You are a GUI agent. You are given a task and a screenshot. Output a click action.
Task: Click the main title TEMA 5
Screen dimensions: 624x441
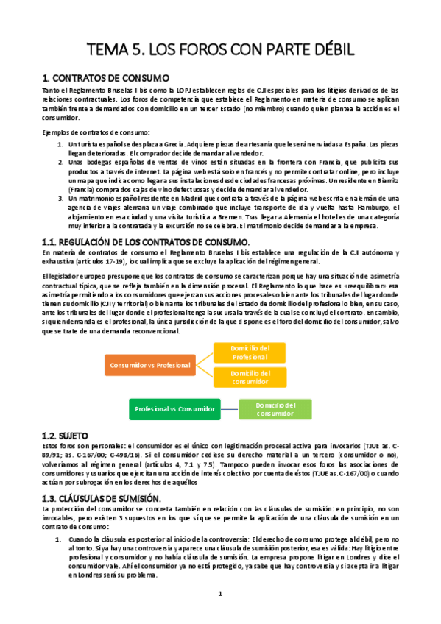point(220,49)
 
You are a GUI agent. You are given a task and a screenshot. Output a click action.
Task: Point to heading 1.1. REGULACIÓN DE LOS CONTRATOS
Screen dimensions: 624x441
point(147,243)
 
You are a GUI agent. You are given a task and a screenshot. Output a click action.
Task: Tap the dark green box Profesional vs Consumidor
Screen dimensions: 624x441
point(174,408)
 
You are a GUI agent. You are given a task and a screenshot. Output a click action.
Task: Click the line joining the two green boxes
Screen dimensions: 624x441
point(229,408)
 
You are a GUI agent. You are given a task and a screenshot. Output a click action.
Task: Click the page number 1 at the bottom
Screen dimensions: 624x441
point(220,593)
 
